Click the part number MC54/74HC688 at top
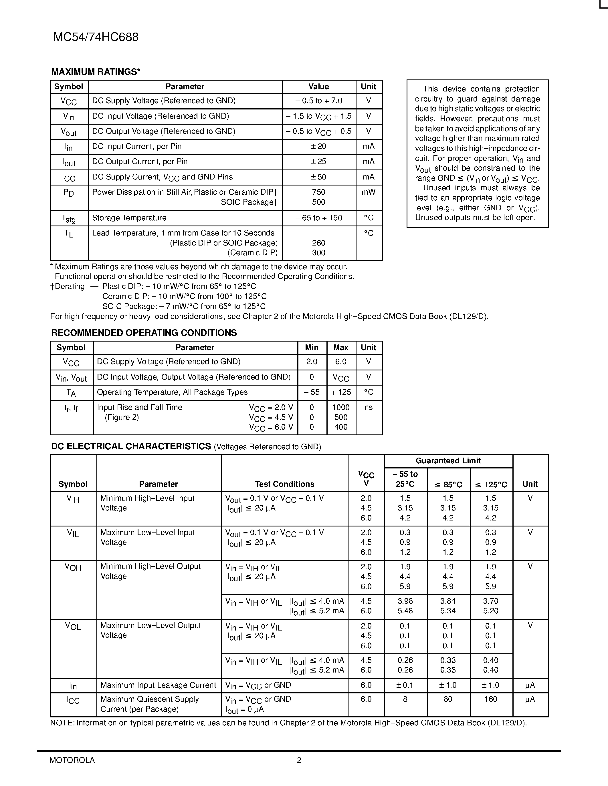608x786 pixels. pos(96,37)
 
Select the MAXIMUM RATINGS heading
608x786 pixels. pos(96,72)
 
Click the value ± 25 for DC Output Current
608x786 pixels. pos(318,161)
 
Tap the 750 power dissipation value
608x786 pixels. pos(318,192)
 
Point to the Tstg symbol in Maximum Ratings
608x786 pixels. pos(68,218)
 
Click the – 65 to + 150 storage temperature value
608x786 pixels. pos(318,218)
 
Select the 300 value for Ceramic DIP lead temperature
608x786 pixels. pos(318,253)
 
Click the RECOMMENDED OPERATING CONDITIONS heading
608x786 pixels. pos(144,333)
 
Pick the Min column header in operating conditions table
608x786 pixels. pos(312,348)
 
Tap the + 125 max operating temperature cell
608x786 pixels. pos(341,392)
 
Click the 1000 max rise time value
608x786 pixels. pos(341,407)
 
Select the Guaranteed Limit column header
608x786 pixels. pos(448,461)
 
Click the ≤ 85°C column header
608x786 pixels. pos(448,485)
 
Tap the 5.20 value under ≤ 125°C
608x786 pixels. pos(491,611)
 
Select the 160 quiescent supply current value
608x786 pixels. pos(491,699)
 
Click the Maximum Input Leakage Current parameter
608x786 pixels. pos(158,685)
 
